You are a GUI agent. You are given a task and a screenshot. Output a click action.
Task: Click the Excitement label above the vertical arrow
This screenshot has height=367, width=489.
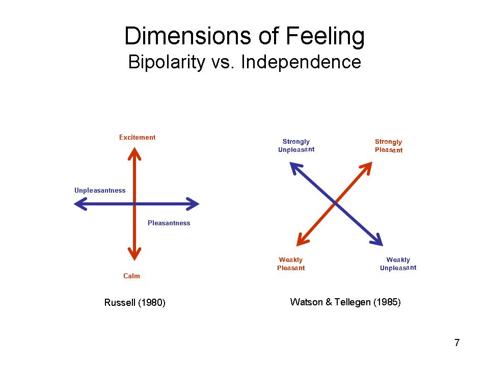click(137, 137)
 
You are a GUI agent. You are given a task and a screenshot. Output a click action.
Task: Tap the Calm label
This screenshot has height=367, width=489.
click(131, 276)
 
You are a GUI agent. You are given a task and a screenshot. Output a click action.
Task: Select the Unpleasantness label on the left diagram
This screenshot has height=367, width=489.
click(100, 190)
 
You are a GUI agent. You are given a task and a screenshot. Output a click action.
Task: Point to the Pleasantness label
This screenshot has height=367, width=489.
click(169, 223)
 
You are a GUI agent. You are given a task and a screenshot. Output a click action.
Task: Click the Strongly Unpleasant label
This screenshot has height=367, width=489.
click(296, 146)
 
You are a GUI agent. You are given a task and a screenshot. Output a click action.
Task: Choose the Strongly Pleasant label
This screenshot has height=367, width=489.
click(389, 146)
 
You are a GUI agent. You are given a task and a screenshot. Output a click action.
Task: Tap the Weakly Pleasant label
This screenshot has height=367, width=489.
click(291, 264)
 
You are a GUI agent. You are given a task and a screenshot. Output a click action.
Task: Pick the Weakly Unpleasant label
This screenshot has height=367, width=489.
click(398, 264)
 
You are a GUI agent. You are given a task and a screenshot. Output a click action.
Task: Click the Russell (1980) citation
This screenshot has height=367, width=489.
click(135, 303)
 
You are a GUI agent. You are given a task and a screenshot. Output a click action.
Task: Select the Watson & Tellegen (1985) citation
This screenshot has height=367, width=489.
click(345, 302)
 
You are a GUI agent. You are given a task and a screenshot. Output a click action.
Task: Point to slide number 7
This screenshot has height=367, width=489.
click(457, 343)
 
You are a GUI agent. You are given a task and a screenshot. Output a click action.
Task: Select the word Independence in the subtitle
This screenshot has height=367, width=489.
click(301, 62)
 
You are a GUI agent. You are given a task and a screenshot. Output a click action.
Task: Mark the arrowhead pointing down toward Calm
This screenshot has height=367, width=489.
click(134, 254)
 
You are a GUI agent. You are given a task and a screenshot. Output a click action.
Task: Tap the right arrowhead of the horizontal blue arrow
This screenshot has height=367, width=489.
click(194, 204)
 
